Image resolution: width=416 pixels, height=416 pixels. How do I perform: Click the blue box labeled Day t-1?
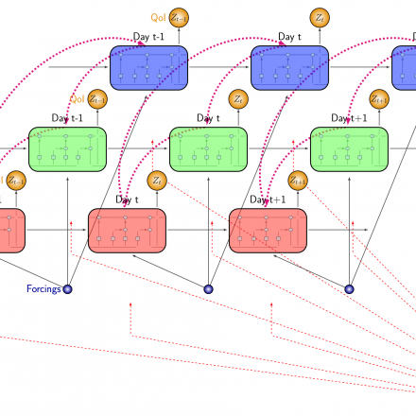click(149, 67)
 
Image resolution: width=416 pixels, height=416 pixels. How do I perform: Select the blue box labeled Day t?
click(289, 67)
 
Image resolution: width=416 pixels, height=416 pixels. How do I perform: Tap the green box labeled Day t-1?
click(67, 148)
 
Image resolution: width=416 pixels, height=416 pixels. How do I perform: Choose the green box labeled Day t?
click(208, 148)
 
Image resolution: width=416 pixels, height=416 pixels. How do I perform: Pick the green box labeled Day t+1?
click(349, 148)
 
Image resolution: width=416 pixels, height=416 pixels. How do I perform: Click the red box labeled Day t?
click(127, 231)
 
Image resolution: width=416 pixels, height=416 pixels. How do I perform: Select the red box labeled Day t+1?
click(268, 231)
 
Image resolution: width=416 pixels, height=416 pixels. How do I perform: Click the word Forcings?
click(43, 289)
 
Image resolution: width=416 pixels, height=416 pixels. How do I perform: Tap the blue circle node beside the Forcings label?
click(67, 289)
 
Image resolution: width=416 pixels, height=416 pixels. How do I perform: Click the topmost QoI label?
click(158, 16)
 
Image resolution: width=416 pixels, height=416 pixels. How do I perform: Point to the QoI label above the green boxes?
click(77, 97)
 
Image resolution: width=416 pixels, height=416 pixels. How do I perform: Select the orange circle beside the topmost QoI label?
click(179, 16)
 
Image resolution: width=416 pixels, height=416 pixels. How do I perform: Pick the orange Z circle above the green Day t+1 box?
click(378, 97)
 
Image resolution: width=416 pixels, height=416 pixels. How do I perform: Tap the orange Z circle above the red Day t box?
click(157, 180)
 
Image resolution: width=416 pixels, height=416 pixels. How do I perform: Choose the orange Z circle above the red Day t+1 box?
click(298, 180)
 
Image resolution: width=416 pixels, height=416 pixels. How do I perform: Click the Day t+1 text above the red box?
click(269, 199)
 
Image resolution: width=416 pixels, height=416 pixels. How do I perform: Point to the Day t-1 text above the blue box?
click(148, 37)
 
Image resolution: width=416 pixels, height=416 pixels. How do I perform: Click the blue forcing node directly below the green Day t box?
click(208, 289)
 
